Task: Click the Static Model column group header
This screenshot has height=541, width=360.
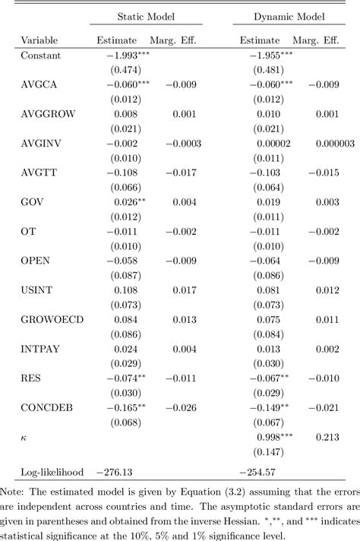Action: click(x=152, y=15)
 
